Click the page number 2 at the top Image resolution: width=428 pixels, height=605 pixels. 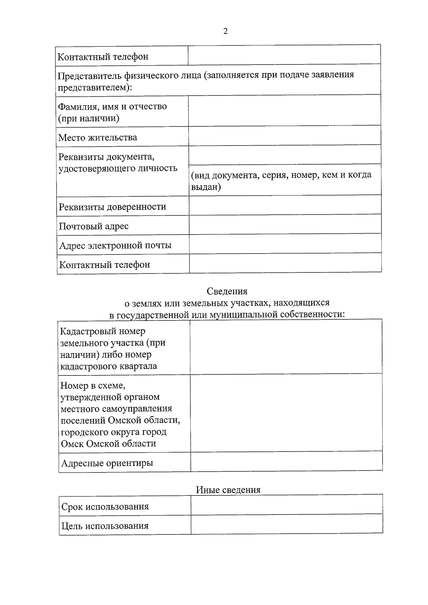coord(225,31)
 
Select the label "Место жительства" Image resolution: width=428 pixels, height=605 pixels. coord(97,138)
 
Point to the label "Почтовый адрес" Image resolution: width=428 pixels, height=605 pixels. coord(94,226)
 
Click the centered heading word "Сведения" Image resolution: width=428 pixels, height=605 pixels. coord(227,291)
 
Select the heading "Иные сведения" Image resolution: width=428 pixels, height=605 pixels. coord(228,490)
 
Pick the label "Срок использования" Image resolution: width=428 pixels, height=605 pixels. coord(105,507)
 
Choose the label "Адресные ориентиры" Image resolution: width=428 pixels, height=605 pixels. coord(107,463)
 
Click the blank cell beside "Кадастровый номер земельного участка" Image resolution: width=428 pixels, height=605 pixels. coord(286,347)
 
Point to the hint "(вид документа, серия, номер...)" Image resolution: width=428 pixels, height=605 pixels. coord(281,180)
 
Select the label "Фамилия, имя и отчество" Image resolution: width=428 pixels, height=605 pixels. coord(112,107)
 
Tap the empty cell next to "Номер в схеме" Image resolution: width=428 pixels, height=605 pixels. coord(286,412)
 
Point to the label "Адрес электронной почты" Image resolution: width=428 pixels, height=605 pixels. coord(115,246)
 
